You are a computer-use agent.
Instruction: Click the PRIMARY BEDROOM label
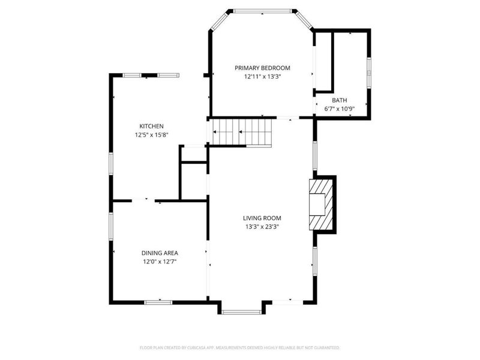[x=262, y=68]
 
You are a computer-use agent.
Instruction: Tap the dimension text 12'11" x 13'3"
[x=262, y=77]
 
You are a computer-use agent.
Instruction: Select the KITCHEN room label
[x=151, y=126]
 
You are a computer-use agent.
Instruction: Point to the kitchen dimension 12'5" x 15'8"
[x=151, y=135]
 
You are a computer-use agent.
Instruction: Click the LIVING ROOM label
[x=262, y=218]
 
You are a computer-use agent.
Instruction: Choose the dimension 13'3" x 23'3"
[x=262, y=227]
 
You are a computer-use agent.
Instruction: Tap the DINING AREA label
[x=160, y=253]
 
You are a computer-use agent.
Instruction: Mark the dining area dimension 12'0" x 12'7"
[x=160, y=262]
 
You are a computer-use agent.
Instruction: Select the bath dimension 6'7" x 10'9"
[x=340, y=109]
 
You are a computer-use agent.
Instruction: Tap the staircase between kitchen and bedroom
[x=240, y=132]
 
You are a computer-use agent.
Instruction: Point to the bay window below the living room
[x=240, y=311]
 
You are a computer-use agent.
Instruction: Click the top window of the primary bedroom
[x=262, y=10]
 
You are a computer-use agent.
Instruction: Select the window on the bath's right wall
[x=369, y=67]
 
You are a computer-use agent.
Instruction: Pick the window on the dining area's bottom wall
[x=159, y=302]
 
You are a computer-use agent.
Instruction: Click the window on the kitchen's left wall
[x=110, y=163]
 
